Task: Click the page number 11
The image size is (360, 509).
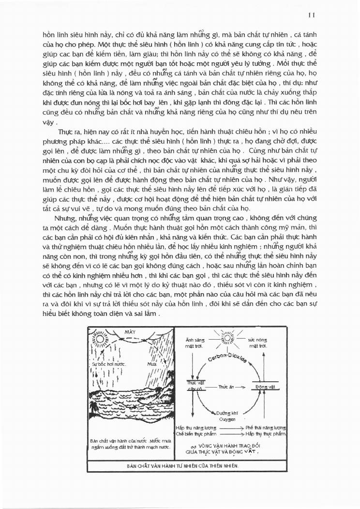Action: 312,15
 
